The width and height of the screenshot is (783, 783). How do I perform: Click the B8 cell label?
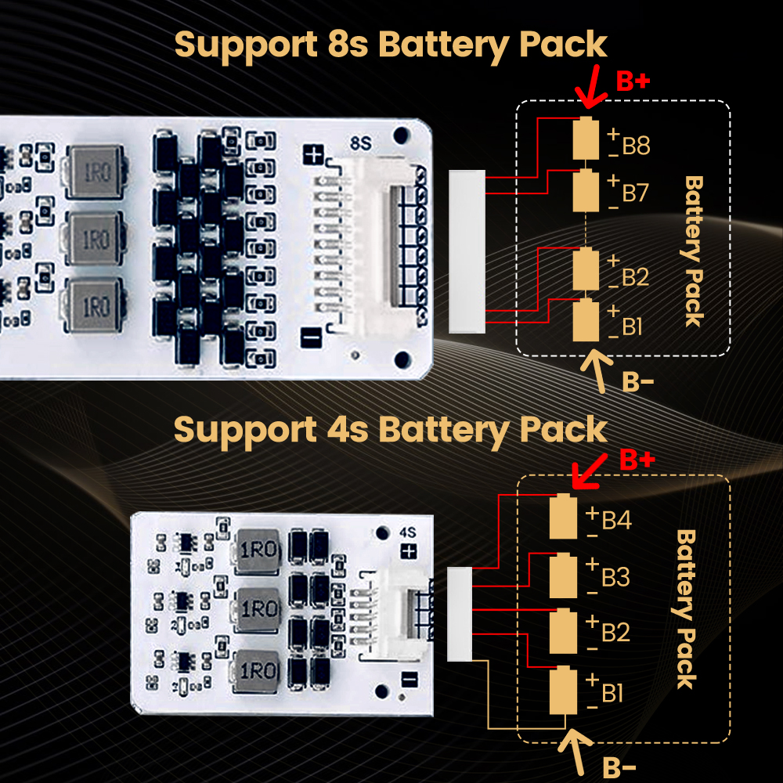tap(636, 146)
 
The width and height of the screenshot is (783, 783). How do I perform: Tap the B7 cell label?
tap(635, 193)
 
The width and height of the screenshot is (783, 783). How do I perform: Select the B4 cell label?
tap(617, 521)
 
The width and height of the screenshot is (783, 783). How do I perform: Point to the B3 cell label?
tap(615, 577)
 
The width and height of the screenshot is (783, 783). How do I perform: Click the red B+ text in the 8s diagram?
tap(633, 81)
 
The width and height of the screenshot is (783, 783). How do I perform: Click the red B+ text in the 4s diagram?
tap(637, 460)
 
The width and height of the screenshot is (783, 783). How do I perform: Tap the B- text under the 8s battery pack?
tap(637, 383)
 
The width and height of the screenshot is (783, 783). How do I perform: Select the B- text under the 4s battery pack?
tap(619, 768)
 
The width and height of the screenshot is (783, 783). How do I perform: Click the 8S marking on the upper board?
tap(360, 144)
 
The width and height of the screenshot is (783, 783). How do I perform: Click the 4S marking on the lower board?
tap(407, 532)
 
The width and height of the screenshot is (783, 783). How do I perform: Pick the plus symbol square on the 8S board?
tap(313, 155)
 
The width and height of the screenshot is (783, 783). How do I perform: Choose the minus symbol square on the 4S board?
tap(410, 679)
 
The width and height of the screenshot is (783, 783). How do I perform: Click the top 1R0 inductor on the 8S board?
tap(96, 171)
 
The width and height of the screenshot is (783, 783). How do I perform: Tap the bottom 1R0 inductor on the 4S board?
tap(256, 671)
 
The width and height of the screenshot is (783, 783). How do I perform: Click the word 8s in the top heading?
tap(348, 45)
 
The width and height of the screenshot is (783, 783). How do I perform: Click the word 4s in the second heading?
tap(348, 431)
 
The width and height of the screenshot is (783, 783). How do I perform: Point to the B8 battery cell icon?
tap(586, 138)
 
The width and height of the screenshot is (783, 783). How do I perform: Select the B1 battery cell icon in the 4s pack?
tap(563, 690)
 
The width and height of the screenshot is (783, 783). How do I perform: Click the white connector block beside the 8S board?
tap(467, 251)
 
